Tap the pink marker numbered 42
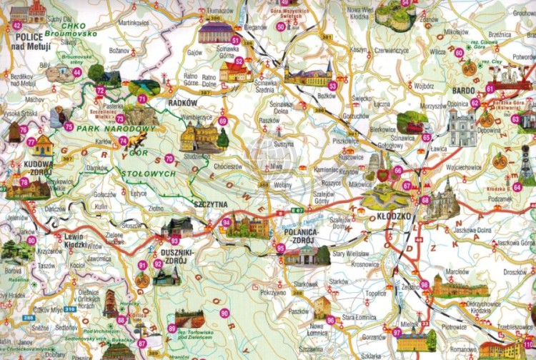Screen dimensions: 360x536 pos(17,26)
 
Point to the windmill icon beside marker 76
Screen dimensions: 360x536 pos(12,131)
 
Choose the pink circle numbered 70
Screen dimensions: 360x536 pos(169,158)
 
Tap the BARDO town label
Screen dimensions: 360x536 pos(465,91)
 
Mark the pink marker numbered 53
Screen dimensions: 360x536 pos(332,86)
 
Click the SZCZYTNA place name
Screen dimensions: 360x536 pos(210,204)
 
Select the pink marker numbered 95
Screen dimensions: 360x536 pos(281,248)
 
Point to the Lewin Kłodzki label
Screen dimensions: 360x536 pos(74,240)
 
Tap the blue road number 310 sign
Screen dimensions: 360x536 pos(70,309)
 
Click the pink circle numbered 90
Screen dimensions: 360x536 pos(224,313)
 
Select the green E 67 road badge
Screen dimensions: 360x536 pos(296,212)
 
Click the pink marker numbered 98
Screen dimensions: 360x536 pos(425,284)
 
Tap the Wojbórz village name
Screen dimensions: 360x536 pos(424,86)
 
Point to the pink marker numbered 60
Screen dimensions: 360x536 pos(459,52)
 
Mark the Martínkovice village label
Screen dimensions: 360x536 pos(133,24)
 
